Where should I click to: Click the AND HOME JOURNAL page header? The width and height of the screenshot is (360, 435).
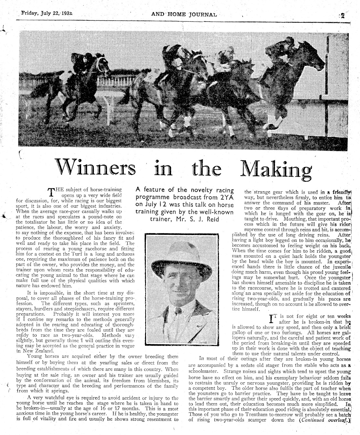pos(184,14)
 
